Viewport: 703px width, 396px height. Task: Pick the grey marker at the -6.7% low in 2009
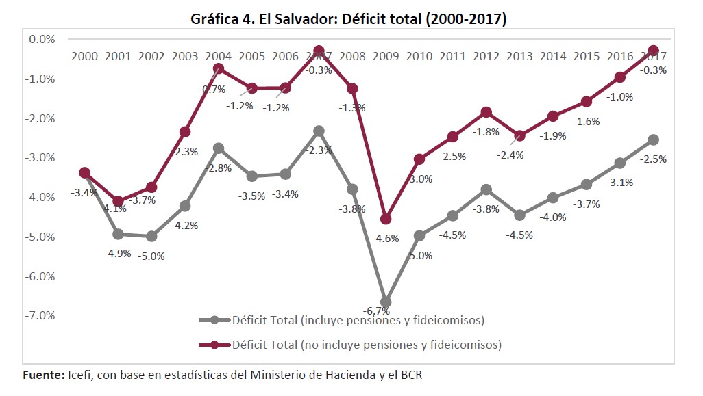386,302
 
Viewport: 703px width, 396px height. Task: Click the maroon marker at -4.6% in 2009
386,219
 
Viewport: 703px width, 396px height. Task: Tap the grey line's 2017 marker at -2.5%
654,140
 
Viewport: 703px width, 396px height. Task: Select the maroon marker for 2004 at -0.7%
219,68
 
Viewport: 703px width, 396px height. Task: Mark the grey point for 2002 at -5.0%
151,236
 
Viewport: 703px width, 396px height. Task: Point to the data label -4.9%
117,252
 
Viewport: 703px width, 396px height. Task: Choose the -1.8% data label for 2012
486,131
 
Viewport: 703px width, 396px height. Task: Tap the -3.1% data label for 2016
619,182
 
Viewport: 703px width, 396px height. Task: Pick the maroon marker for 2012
486,112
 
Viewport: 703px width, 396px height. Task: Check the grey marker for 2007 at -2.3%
319,131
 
